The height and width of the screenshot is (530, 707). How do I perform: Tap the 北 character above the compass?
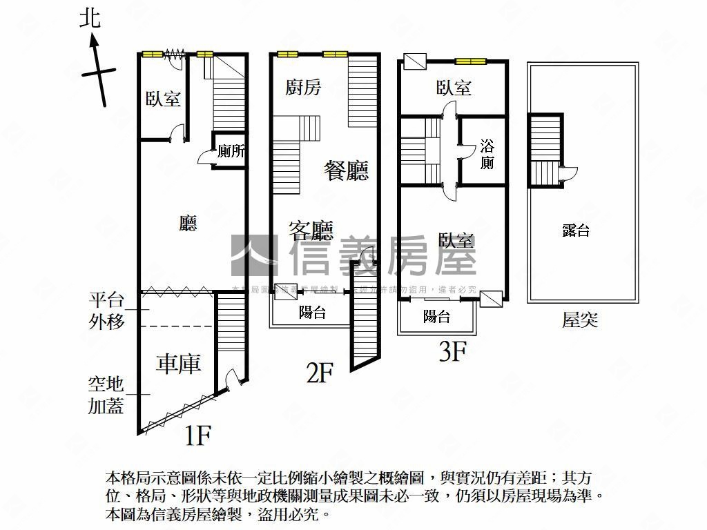click(90, 18)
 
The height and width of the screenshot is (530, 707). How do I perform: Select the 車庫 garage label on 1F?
click(178, 364)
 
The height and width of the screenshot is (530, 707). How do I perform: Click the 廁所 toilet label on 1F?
click(231, 152)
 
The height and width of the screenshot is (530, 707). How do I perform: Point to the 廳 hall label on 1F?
click(188, 223)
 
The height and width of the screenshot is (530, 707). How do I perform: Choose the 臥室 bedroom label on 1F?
click(163, 99)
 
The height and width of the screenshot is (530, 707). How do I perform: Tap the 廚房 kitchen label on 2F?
click(303, 88)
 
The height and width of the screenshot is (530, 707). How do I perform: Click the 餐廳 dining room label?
click(347, 170)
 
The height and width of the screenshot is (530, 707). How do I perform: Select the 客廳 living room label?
click(311, 230)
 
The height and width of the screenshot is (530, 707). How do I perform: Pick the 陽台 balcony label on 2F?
click(312, 312)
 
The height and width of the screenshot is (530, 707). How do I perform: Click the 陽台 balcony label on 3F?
click(436, 317)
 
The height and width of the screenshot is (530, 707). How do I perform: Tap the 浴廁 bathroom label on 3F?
click(487, 155)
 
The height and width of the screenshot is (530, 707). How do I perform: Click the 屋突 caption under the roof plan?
click(580, 320)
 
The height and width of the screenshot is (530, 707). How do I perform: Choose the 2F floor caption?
click(320, 373)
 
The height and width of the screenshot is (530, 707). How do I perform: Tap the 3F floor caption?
click(453, 353)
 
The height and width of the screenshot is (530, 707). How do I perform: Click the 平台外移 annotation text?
click(106, 311)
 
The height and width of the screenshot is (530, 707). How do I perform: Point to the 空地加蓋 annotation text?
click(106, 395)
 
